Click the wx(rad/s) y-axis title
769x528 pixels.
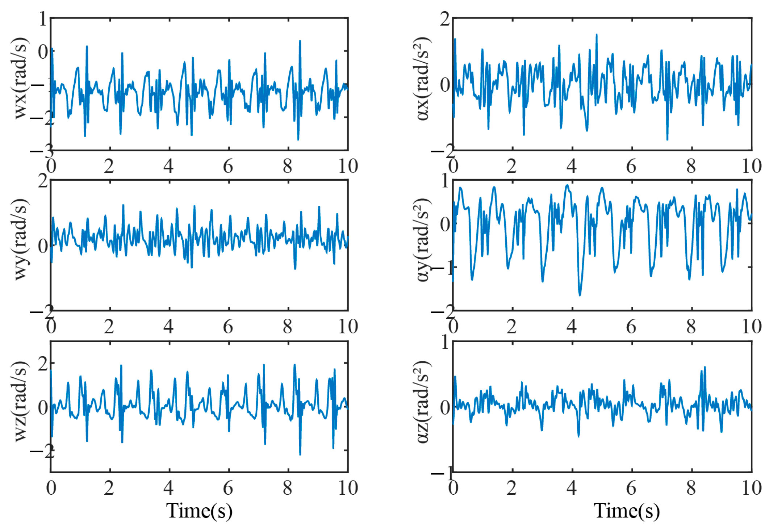(21, 78)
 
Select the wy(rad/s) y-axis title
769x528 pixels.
(21, 239)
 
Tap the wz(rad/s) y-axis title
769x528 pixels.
(21, 401)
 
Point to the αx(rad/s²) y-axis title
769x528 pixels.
(422, 78)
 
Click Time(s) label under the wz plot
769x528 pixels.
(199, 511)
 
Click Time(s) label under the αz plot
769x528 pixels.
(626, 511)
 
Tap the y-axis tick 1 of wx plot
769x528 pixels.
(43, 19)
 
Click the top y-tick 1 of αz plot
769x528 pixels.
(445, 342)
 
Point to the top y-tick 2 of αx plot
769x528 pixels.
(445, 19)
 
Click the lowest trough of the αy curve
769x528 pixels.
(580, 296)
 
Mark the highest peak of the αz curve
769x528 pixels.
(705, 367)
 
